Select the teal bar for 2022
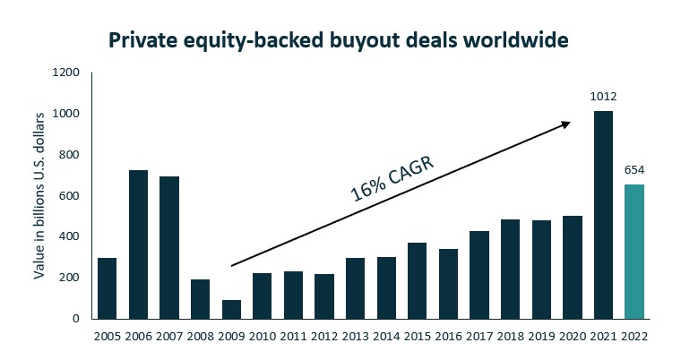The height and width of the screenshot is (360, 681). pyautogui.click(x=634, y=252)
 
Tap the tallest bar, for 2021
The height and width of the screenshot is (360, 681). pyautogui.click(x=603, y=215)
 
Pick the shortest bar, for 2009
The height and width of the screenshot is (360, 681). pyautogui.click(x=231, y=309)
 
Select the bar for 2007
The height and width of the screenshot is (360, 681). pyautogui.click(x=169, y=247)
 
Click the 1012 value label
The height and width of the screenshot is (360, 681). pyautogui.click(x=603, y=96)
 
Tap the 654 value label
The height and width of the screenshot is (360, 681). pyautogui.click(x=634, y=169)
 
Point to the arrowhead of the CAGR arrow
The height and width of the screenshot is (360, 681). pyautogui.click(x=566, y=124)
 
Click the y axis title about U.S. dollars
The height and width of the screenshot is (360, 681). pyautogui.click(x=40, y=196)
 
